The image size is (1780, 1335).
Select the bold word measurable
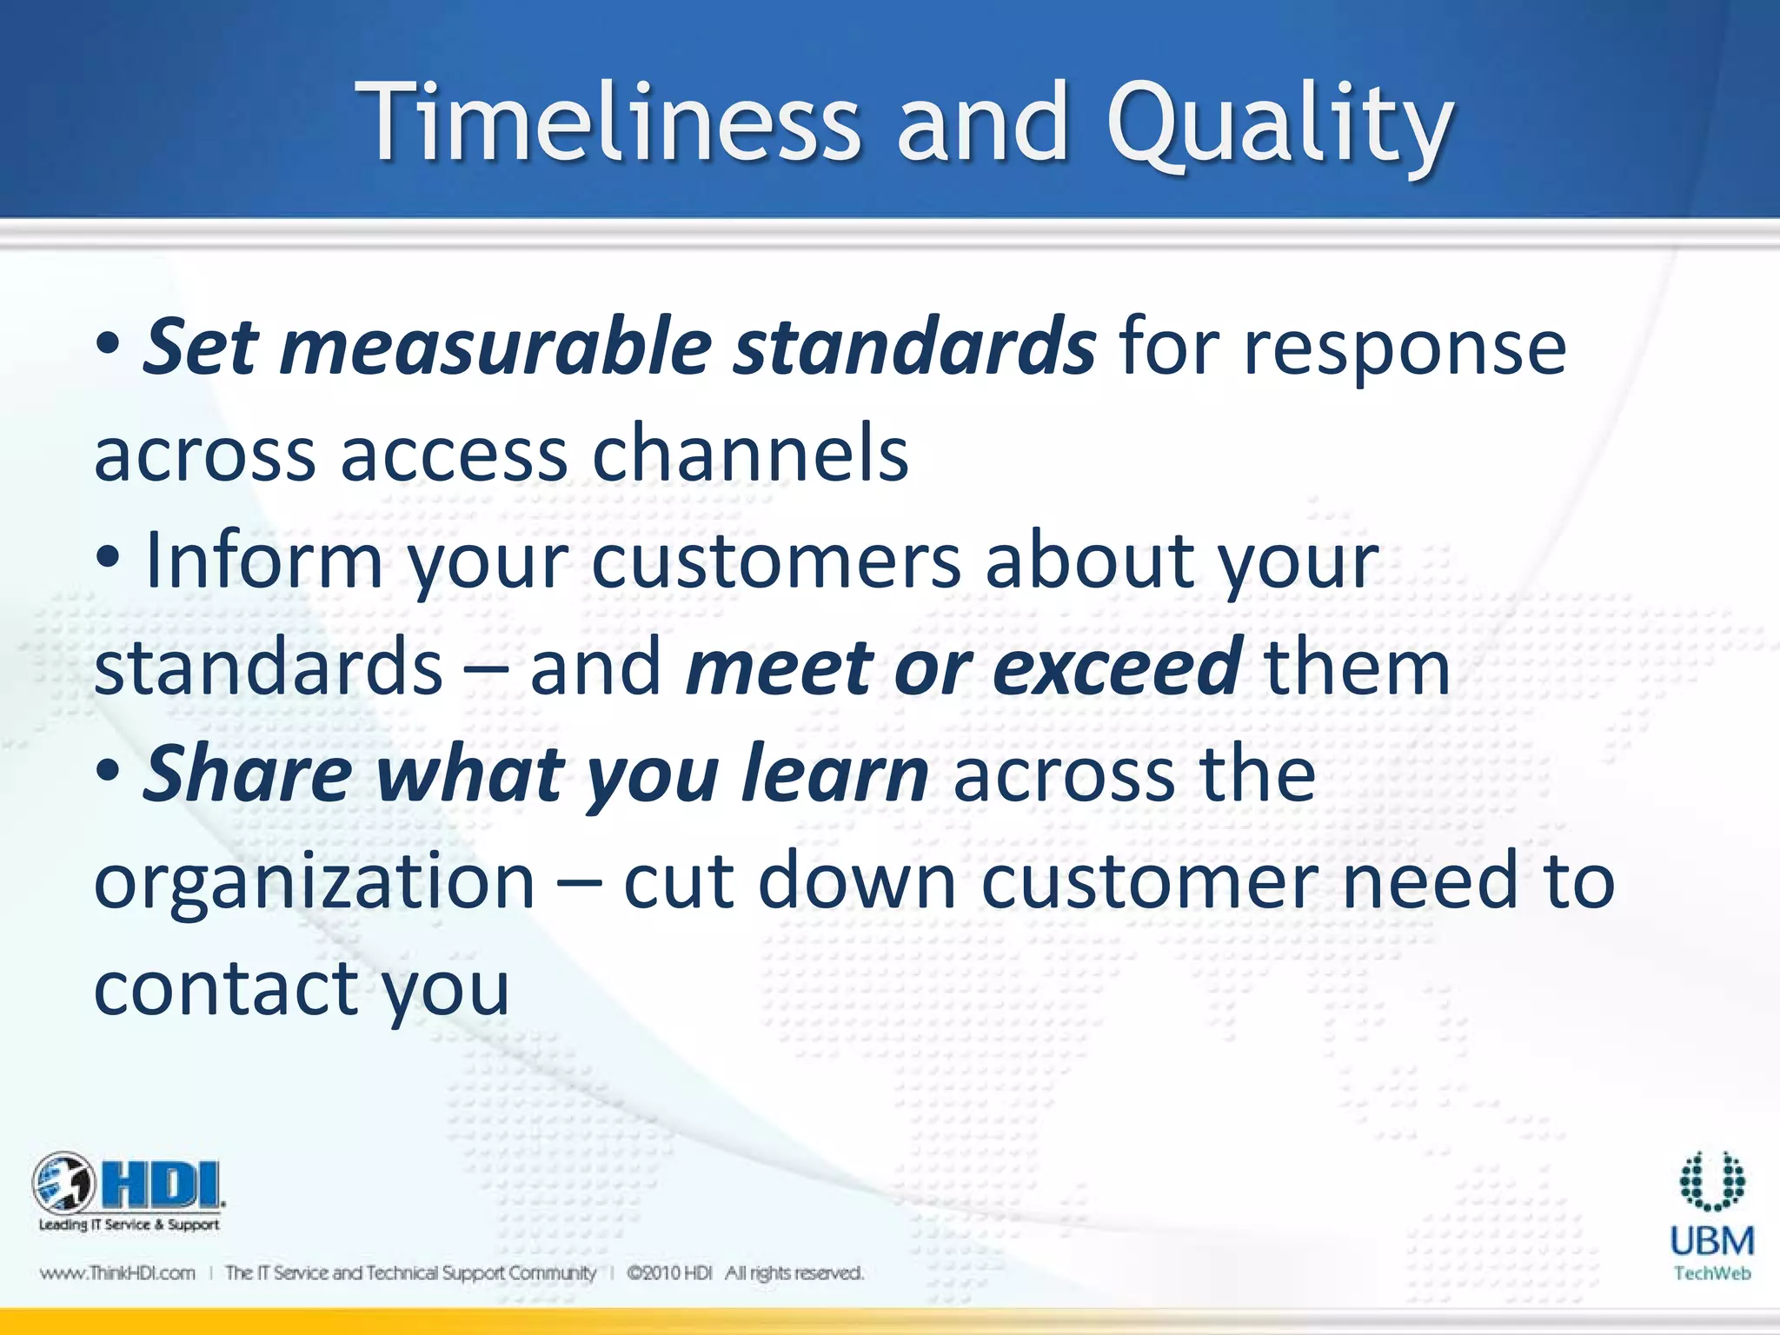[x=495, y=348]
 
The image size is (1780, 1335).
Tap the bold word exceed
[x=1117, y=668]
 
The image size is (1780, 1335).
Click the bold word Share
[x=248, y=774]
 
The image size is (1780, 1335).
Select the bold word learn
[x=834, y=774]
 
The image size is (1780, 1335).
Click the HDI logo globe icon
[x=63, y=1184]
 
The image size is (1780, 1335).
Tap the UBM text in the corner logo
[x=1711, y=1241]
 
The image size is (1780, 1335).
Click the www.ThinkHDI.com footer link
[x=117, y=1273]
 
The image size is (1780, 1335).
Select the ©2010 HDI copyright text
[x=669, y=1273]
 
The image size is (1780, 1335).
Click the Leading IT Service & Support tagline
[x=129, y=1225]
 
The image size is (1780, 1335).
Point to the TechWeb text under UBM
[x=1711, y=1274]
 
